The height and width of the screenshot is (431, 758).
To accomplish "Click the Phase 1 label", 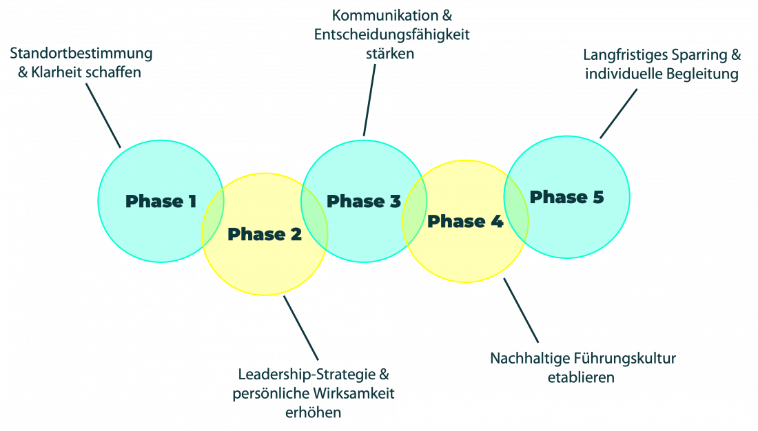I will (161, 202).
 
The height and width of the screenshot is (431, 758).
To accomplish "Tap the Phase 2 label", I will (265, 235).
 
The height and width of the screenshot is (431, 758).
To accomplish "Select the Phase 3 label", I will (363, 202).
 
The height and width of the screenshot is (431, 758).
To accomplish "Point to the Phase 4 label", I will (465, 222).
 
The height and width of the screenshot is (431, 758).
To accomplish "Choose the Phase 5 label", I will (566, 198).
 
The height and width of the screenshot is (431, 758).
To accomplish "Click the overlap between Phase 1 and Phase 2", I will (213, 215).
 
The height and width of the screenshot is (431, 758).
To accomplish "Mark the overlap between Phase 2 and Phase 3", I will (314, 215).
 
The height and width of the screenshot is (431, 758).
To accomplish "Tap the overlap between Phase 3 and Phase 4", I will (414, 215).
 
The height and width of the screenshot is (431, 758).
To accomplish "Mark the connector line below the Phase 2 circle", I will (301, 328).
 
